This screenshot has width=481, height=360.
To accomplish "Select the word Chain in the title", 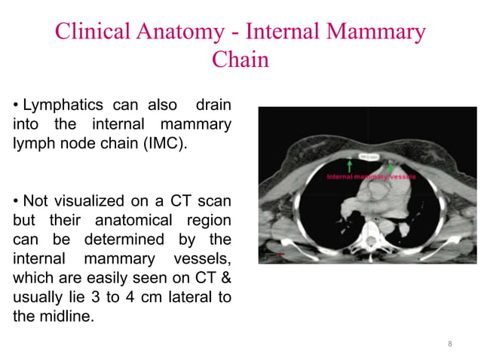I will tap(240, 59).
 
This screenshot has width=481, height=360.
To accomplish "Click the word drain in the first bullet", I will tap(213, 103).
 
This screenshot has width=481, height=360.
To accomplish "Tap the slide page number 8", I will tap(450, 344).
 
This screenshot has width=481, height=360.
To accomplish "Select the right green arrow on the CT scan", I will tap(390, 163).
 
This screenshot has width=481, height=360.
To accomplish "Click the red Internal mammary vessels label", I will tap(370, 176).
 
